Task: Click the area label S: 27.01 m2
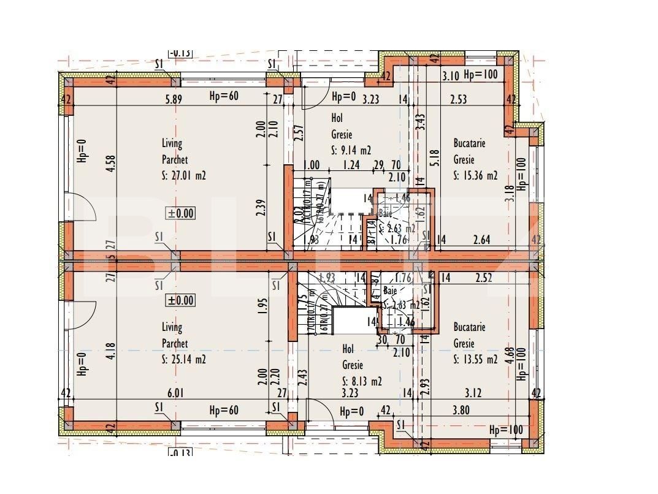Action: click(x=183, y=176)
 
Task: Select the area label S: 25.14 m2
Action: click(x=183, y=360)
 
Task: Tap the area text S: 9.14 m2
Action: click(x=351, y=150)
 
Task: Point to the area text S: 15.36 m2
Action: click(x=475, y=175)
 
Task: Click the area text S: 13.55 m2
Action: click(x=475, y=360)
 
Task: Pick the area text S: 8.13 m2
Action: click(x=362, y=381)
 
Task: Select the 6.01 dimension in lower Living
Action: click(x=175, y=394)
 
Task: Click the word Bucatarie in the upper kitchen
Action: click(x=469, y=143)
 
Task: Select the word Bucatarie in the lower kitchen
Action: click(x=469, y=327)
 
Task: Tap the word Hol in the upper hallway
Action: click(x=337, y=118)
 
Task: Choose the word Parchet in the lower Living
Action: click(x=175, y=344)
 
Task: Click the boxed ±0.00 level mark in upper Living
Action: click(x=180, y=213)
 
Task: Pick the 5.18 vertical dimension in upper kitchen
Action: click(x=435, y=159)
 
